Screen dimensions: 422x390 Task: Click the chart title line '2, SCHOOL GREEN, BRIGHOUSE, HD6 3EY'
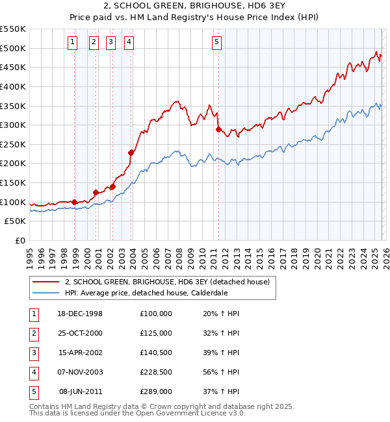click(x=195, y=6)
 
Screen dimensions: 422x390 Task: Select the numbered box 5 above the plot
click(x=216, y=43)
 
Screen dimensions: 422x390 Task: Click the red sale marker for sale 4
click(x=131, y=153)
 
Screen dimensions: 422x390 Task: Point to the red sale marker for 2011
click(x=218, y=129)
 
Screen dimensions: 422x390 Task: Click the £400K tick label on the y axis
click(x=13, y=86)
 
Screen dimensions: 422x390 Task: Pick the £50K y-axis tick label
click(x=16, y=221)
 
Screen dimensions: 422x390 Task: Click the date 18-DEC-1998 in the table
click(x=81, y=314)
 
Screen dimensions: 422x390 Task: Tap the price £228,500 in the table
click(x=156, y=372)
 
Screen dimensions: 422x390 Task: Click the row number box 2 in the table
click(x=32, y=333)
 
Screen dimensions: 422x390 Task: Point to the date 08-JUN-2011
click(x=81, y=391)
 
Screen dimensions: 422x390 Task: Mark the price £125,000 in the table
click(x=156, y=333)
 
